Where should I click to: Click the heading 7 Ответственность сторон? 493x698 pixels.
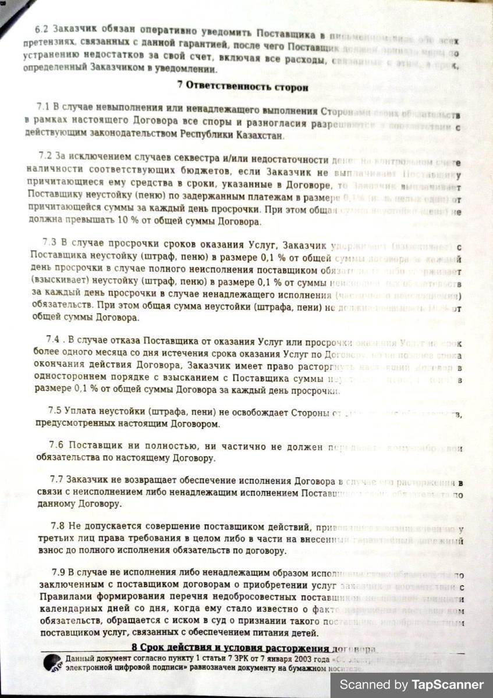coord(243,86)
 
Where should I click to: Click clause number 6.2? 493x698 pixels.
coord(42,29)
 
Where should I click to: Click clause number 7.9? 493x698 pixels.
coord(59,571)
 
